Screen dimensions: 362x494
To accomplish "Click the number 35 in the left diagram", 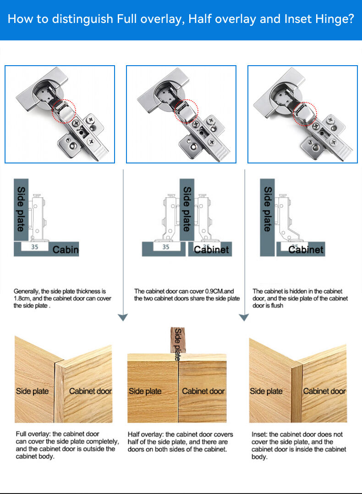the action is click(34, 247).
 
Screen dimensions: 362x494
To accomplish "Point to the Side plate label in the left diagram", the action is click(21, 209).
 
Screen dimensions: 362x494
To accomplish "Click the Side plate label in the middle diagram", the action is click(187, 209).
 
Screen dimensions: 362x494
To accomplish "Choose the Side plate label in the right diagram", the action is click(267, 209).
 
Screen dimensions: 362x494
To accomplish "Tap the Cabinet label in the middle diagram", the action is click(211, 250).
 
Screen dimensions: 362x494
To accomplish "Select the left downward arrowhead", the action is click(123, 317).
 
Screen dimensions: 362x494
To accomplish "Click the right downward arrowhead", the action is click(244, 317).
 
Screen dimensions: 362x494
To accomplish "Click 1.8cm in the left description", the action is click(22, 298).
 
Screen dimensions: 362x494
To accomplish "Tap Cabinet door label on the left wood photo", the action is click(91, 391).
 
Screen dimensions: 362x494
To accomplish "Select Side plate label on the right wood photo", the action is click(266, 391).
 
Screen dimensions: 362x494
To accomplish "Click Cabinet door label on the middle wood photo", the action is click(203, 391).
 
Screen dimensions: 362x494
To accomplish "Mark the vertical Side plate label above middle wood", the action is click(178, 344).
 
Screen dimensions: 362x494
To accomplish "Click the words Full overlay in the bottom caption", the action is click(33, 434).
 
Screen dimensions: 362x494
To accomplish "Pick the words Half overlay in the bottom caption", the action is click(145, 434).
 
